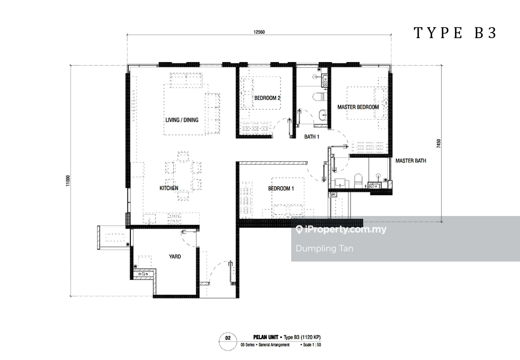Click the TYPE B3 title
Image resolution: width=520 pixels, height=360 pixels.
(455, 33)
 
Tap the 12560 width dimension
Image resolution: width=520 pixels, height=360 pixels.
(259, 32)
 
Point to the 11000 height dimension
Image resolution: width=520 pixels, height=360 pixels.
(68, 180)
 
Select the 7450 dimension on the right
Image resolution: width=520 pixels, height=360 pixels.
(438, 144)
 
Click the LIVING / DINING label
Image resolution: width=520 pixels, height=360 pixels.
(182, 120)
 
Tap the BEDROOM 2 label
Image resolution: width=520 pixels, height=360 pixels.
(267, 98)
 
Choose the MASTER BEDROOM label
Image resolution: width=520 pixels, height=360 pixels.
(358, 107)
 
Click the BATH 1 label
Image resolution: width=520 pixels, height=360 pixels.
(312, 137)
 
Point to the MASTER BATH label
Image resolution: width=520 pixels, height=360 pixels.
(411, 160)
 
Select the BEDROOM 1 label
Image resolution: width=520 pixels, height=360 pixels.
(281, 188)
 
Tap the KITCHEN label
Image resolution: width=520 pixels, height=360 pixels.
(169, 188)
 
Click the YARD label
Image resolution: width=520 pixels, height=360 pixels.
(175, 256)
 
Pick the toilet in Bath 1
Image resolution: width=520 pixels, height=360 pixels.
(319, 97)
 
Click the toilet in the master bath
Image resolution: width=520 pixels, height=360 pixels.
(358, 181)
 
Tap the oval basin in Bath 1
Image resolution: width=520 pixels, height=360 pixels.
(323, 115)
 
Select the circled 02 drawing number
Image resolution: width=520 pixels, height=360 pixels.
(228, 341)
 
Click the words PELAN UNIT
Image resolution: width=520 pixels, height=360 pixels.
(266, 337)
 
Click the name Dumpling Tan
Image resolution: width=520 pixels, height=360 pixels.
(325, 249)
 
